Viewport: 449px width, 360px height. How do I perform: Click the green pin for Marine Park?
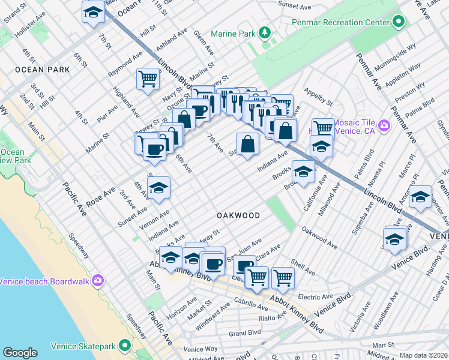(x=264, y=32)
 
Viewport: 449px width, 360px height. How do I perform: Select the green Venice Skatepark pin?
(x=125, y=345)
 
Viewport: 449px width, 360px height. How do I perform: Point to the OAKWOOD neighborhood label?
(x=238, y=215)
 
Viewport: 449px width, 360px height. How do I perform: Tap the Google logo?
(x=20, y=353)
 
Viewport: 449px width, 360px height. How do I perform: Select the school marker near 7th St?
(x=93, y=13)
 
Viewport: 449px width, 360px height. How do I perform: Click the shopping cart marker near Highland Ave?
(x=148, y=79)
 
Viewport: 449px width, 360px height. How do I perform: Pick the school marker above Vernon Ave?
(x=158, y=188)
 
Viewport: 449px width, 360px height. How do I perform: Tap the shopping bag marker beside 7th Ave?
(x=247, y=144)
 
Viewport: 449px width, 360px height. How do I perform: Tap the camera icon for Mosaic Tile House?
(x=384, y=125)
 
